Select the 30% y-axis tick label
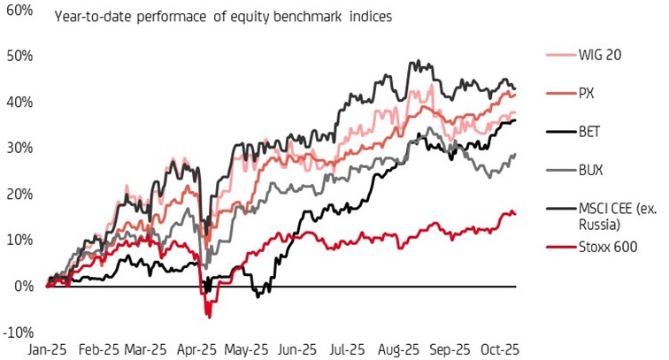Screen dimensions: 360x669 [19, 148]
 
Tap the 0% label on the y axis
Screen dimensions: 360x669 [23, 286]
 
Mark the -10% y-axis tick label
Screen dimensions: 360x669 [18, 333]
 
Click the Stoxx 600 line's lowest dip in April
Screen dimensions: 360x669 [209, 316]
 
